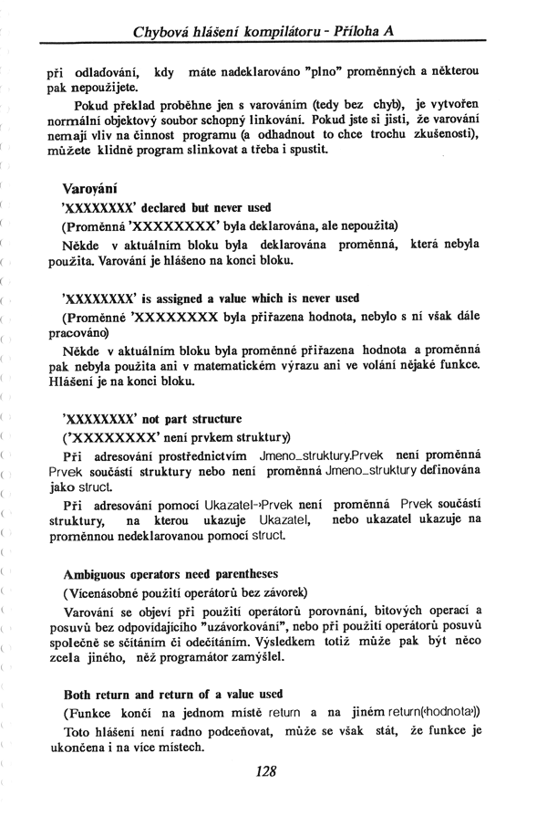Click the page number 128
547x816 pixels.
click(266, 771)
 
